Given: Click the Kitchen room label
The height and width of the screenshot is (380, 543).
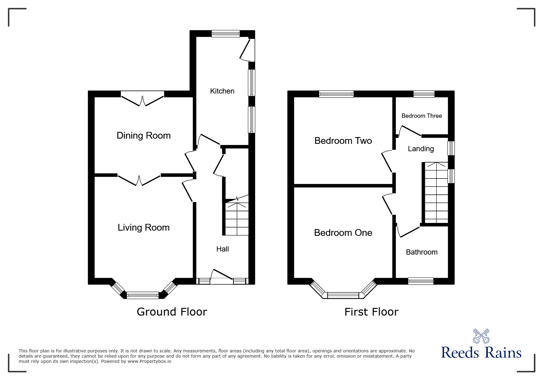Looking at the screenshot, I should (222, 91).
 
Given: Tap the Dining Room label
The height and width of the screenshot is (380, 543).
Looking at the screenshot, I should (143, 136).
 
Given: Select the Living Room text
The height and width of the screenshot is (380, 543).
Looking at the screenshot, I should (143, 228).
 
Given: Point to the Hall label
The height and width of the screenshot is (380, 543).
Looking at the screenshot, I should (223, 249).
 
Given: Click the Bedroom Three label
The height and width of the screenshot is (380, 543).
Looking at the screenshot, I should (422, 116).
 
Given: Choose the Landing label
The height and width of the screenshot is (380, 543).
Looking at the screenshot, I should (421, 149).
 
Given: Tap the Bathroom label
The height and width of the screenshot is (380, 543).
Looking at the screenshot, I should (422, 252).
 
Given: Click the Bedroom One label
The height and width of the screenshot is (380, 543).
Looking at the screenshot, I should (343, 233).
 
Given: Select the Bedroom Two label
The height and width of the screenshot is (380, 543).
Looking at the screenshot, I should (343, 141).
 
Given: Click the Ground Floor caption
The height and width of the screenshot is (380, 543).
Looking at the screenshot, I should (172, 312).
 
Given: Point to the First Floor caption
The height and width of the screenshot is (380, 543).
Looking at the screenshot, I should (371, 312).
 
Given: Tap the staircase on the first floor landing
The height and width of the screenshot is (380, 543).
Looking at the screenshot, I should (436, 193).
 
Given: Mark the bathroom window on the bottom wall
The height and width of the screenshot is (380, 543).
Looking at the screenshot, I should (421, 281).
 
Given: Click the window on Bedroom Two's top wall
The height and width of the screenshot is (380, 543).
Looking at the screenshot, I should (336, 94).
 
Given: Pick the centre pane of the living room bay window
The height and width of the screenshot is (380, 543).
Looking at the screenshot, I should (143, 295).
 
